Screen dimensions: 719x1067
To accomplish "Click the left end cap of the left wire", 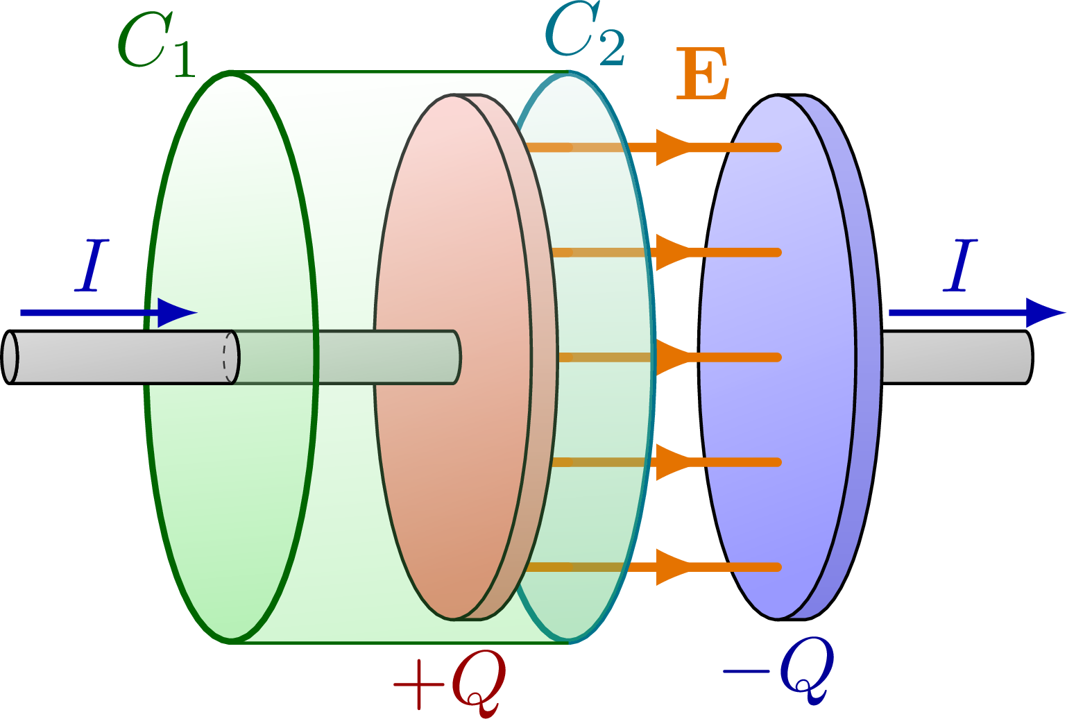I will (10, 357).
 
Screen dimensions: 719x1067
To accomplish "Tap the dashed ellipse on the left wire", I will (226, 357).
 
